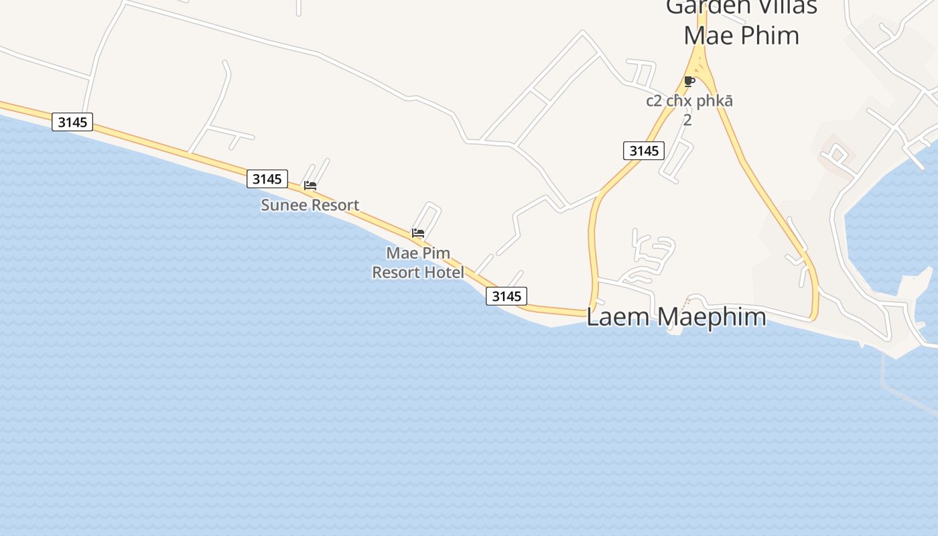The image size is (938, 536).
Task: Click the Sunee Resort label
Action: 310,205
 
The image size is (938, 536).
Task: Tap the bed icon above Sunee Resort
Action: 310,186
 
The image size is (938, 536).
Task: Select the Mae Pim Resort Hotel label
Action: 418,263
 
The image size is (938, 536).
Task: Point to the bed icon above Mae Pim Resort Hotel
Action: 418,233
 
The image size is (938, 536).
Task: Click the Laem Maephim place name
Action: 676,316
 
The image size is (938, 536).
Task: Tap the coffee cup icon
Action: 689,82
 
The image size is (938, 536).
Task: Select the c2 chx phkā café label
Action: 689,101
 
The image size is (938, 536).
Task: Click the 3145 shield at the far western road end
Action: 72,122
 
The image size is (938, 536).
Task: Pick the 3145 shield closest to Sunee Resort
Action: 267,179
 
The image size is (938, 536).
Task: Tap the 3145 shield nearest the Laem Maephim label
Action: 507,296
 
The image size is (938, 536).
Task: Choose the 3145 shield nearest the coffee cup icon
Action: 644,151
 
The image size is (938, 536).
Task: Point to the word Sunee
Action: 279,205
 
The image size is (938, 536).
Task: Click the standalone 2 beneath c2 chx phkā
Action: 687,121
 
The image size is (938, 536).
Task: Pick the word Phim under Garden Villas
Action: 770,36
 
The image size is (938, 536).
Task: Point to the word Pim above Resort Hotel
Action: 437,253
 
